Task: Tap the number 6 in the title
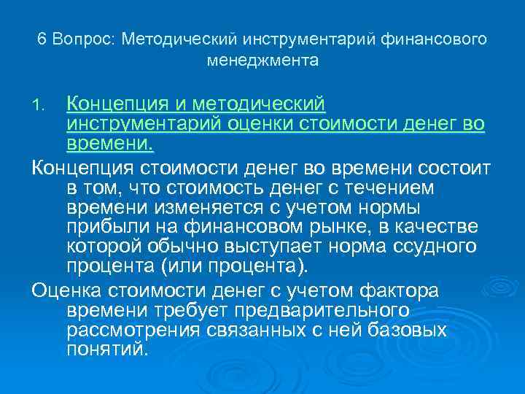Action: [42, 39]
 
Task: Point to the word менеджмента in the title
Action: [262, 61]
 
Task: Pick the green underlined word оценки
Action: [255, 123]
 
